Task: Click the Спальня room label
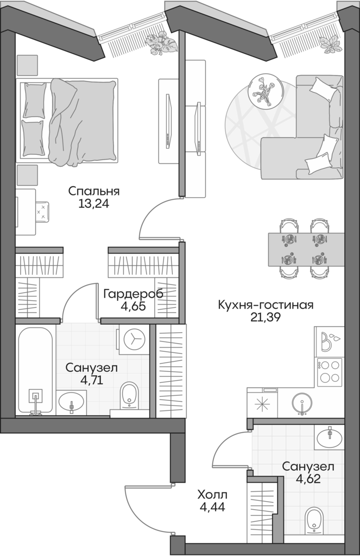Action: point(93,191)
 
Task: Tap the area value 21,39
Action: point(265,317)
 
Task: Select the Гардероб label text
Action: point(132,294)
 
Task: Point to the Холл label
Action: point(212,495)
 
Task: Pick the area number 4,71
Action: point(91,380)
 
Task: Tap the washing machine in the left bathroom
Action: point(133,340)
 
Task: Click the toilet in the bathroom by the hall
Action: point(314,522)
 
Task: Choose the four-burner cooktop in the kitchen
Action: point(329,371)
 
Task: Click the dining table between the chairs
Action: point(306,250)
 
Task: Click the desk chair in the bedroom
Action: point(41,211)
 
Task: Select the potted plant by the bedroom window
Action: point(159,41)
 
